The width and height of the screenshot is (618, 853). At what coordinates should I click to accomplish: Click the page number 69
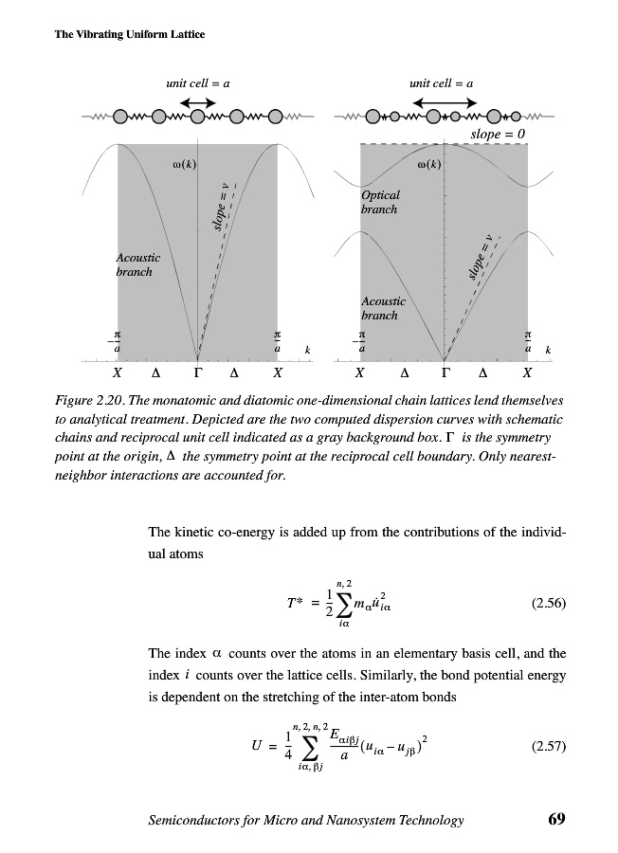tap(556, 820)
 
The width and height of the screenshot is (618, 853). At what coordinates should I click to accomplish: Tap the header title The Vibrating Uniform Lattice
tap(118, 35)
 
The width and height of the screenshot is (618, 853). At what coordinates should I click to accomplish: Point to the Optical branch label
tap(381, 202)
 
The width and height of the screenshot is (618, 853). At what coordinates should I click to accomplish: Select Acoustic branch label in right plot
tap(383, 308)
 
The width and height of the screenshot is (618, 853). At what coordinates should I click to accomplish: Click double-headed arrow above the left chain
tap(197, 102)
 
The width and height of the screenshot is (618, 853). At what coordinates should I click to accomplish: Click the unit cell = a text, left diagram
tap(198, 83)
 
